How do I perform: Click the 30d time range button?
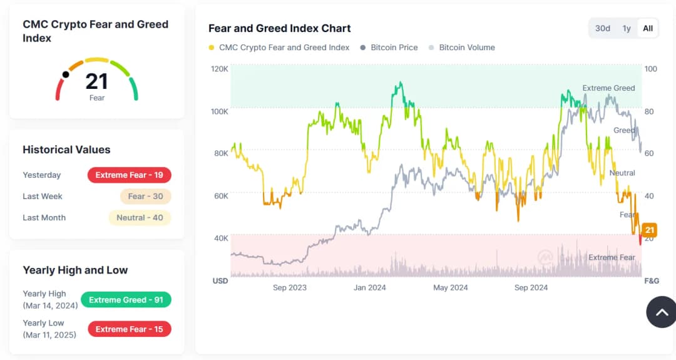[602, 28]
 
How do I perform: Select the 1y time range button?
[627, 28]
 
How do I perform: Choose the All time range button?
[648, 28]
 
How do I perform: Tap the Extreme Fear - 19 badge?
[129, 175]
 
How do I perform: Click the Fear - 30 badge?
[145, 197]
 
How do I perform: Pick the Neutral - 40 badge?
[140, 218]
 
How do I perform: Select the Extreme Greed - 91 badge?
[126, 300]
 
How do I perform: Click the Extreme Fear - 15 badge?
[129, 329]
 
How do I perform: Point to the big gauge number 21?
[96, 81]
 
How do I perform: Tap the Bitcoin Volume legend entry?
[466, 48]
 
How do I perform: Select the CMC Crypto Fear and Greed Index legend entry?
[284, 48]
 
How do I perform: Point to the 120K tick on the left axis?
[220, 68]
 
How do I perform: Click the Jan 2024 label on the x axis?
[370, 288]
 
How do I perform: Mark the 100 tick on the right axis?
[651, 68]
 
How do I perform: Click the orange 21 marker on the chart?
[649, 230]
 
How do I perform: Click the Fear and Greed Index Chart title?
[279, 28]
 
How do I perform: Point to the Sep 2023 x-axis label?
[290, 288]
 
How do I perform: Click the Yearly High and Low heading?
[75, 270]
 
